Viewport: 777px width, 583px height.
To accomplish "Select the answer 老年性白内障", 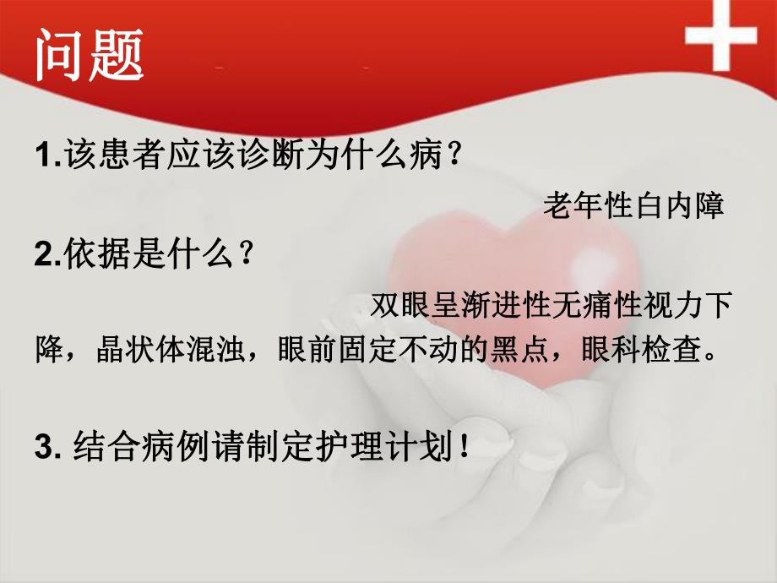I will coord(634,206).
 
